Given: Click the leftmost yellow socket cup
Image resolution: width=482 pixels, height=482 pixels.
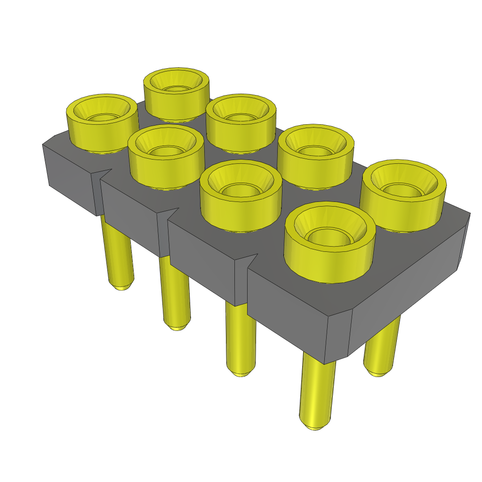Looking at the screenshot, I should coord(101,125).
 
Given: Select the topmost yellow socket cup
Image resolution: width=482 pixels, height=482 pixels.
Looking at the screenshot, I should coord(177,94).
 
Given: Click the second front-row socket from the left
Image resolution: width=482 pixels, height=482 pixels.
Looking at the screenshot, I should coord(166,158).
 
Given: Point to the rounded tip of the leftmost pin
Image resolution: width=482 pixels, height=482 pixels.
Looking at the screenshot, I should coord(121,285).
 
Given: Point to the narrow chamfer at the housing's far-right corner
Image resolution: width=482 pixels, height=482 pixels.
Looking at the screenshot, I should coord(464,242).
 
